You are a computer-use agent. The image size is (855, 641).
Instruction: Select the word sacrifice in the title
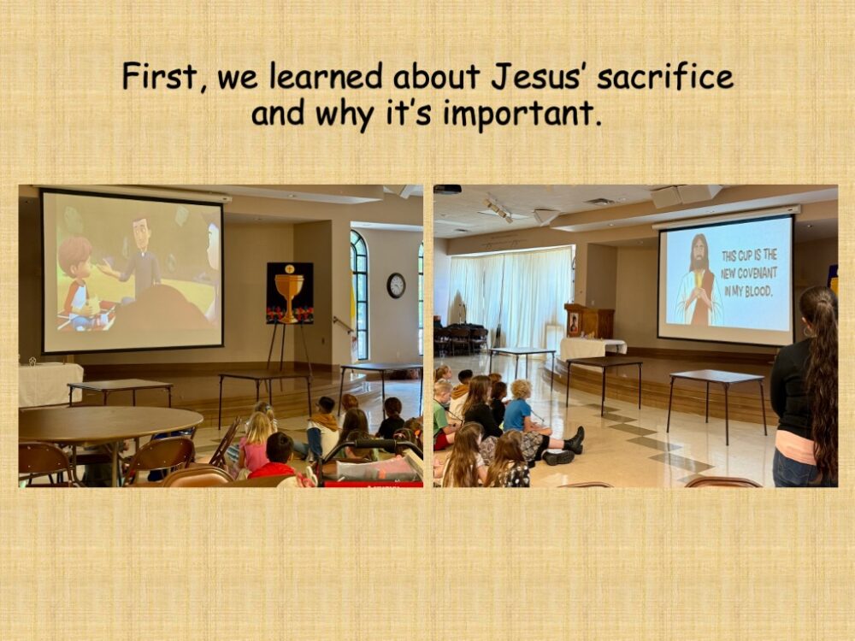click(x=665, y=76)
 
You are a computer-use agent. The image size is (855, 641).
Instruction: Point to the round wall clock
click(x=397, y=285)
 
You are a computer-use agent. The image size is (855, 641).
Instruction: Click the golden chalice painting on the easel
click(x=290, y=293)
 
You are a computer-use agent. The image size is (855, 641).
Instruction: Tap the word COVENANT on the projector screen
click(x=750, y=273)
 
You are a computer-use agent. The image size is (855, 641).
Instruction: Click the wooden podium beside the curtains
click(x=589, y=321)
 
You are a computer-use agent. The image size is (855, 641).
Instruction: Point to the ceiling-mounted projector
click(x=447, y=189)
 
